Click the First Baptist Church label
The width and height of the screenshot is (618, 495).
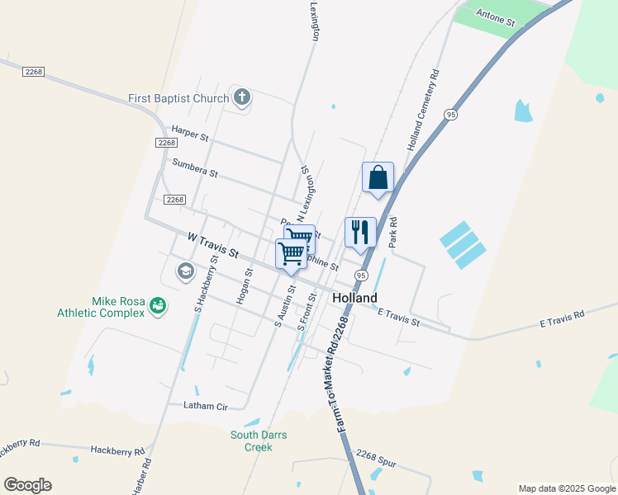click(178, 99)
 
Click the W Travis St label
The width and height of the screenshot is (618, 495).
click(212, 243)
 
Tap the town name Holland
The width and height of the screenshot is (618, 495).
click(354, 298)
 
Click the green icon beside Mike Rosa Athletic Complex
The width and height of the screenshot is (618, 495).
click(157, 307)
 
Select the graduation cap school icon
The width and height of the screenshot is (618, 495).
click(186, 271)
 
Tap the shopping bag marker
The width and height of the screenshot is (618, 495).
click(378, 177)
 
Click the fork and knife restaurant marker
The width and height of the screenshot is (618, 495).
click(360, 232)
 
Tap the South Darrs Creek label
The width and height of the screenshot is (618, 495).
click(251, 441)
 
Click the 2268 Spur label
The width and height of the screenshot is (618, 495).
click(377, 458)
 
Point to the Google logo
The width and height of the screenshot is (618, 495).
click(27, 484)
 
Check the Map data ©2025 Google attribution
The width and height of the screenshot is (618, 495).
click(567, 488)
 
